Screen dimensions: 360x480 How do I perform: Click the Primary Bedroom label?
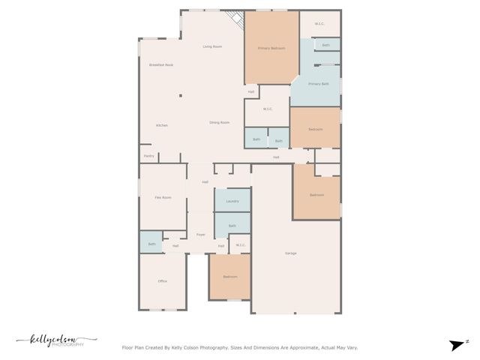(x=271, y=48)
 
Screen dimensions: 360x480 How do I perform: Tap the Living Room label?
(x=212, y=46)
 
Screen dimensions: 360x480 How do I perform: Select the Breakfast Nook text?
(x=161, y=65)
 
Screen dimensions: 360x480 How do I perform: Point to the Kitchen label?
(x=162, y=125)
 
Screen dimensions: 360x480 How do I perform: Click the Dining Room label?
(x=219, y=122)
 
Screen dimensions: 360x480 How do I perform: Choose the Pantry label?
(x=149, y=156)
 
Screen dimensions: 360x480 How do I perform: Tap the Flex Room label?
(x=163, y=197)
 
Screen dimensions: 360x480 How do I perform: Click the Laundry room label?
(x=232, y=201)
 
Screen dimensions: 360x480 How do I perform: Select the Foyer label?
(x=201, y=235)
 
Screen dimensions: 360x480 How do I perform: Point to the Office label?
(x=163, y=281)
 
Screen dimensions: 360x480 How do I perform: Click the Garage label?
(x=290, y=253)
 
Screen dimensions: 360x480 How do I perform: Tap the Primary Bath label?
(x=319, y=84)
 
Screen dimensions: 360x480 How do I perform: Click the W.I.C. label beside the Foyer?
(x=241, y=245)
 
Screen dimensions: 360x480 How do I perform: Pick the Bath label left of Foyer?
(x=151, y=244)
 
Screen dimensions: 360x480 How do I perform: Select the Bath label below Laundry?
(x=232, y=226)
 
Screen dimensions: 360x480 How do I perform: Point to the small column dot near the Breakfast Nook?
(x=180, y=95)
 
